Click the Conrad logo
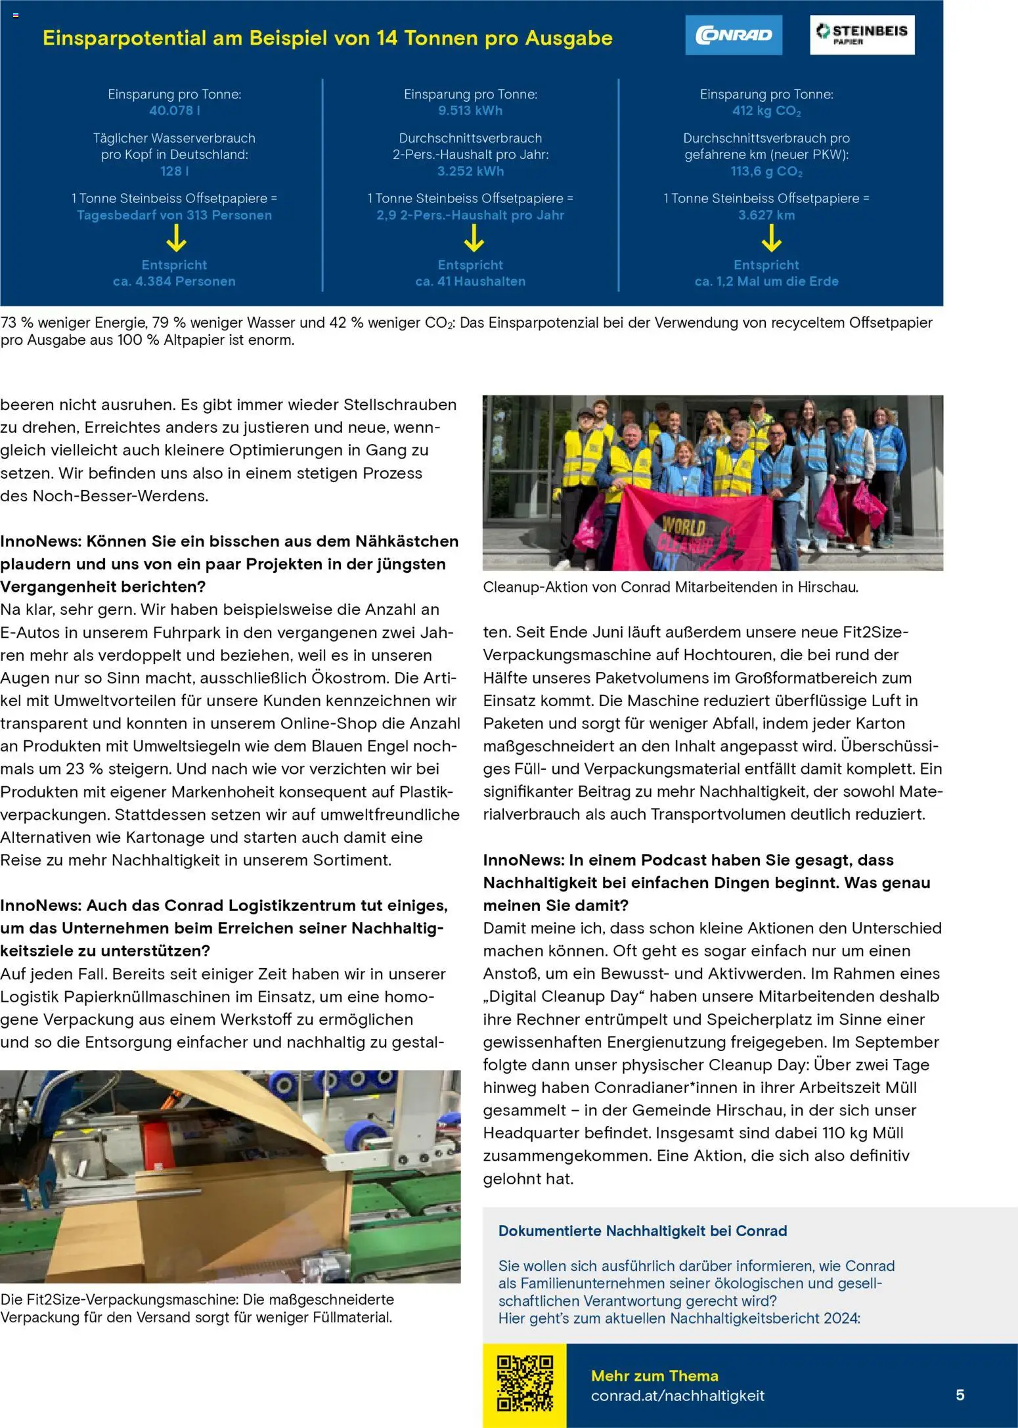734,35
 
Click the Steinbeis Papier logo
862,35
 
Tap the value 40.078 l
174,110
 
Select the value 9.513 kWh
470,110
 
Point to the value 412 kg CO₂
766,111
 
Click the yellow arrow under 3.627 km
771,238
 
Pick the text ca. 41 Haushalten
470,281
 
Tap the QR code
525,1383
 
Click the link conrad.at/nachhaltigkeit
677,1395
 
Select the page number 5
960,1395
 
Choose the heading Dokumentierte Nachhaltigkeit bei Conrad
642,1230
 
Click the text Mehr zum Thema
654,1375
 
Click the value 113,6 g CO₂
766,171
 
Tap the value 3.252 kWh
470,171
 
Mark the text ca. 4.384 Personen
174,281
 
